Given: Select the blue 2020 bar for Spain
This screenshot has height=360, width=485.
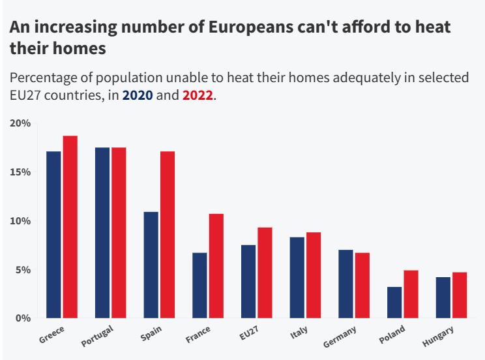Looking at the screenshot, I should (x=151, y=265).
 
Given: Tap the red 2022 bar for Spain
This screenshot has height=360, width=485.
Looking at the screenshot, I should (x=168, y=235).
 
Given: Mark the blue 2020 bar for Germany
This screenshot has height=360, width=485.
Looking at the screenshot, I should (x=345, y=284).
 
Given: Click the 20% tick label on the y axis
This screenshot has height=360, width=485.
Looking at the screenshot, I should (x=20, y=123).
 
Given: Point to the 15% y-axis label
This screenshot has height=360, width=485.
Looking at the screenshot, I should (x=20, y=172).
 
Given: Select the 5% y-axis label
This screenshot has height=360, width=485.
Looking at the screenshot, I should (x=23, y=269).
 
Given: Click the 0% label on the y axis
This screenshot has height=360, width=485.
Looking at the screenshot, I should (x=23, y=318).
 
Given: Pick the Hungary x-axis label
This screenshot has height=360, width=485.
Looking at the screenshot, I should (x=437, y=336).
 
